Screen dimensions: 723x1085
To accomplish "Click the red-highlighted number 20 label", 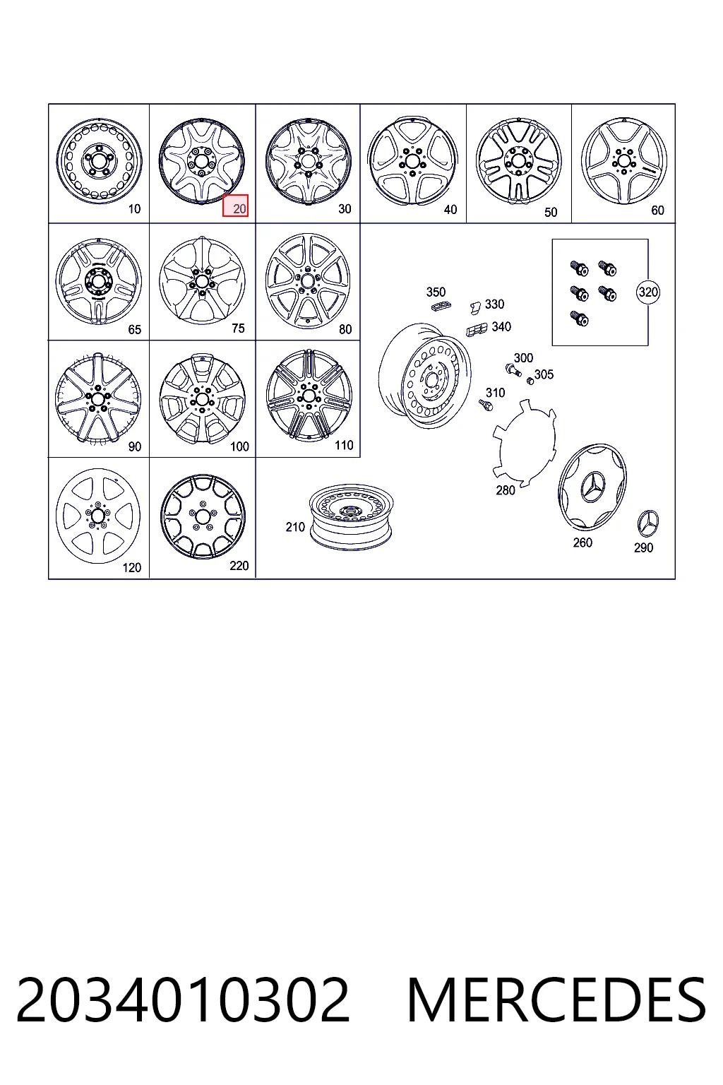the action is [235, 206].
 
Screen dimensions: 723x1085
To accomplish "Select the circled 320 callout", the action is [648, 292].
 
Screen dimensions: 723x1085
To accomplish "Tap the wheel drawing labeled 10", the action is [100, 161].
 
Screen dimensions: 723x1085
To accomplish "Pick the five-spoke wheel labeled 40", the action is [412, 160].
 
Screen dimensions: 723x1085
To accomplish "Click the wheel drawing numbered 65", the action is [99, 281].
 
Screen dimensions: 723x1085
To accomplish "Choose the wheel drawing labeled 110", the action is [309, 396].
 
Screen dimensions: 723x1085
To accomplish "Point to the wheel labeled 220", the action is [203, 516].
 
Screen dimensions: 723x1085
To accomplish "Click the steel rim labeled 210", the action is [352, 517].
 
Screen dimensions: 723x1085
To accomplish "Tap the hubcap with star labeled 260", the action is [592, 486].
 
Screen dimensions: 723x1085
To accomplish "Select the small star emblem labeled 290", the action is [648, 523].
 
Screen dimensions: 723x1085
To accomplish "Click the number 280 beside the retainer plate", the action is [505, 490].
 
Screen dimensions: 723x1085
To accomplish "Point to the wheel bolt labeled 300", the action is [513, 371].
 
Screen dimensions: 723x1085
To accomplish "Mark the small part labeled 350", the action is [441, 306].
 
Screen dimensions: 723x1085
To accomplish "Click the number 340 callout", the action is [501, 327].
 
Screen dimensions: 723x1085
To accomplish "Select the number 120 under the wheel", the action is [132, 568].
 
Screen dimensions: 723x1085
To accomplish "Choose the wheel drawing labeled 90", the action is [98, 398].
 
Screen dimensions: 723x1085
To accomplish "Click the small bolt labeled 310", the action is [485, 405].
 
